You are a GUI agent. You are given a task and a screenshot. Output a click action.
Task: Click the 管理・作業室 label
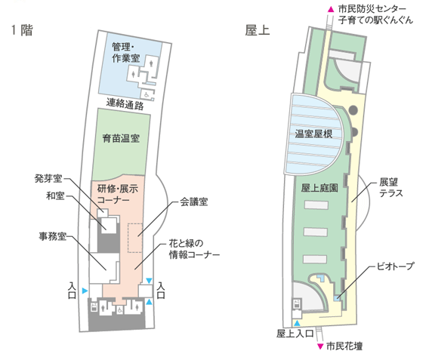pos(126,52)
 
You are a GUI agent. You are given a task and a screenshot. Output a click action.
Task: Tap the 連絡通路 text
pos(125,104)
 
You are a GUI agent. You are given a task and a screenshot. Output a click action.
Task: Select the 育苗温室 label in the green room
pos(121,138)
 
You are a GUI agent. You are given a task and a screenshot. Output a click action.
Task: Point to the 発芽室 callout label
pos(48,179)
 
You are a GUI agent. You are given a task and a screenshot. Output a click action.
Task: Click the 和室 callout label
pos(55,195)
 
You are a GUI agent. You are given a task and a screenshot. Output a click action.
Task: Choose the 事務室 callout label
pos(53,236)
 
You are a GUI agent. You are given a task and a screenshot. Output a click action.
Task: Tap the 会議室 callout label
pos(193,202)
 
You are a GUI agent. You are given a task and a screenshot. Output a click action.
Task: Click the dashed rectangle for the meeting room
pos(135,238)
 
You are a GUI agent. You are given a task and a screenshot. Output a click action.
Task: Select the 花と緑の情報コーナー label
pos(194,249)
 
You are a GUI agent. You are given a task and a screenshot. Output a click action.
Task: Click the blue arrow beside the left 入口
pos(85,291)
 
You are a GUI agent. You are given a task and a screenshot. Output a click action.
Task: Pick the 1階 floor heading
pos(22,30)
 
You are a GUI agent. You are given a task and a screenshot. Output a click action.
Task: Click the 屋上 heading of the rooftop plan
pos(258,30)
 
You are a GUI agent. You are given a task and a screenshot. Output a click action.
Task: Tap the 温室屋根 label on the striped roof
pos(313,134)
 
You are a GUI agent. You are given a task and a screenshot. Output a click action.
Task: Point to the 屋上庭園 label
pos(319,188)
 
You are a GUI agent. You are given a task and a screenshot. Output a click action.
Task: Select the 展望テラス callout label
pos(391,188)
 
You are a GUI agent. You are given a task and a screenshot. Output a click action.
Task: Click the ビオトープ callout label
pos(395,266)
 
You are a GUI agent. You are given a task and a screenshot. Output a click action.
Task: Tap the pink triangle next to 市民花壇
pos(320,346)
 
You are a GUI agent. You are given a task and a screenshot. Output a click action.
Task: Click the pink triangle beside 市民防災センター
pos(331,9)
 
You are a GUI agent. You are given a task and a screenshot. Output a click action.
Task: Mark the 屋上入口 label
pos(295,334)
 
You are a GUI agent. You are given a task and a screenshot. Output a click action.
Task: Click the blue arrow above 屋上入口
pos(297,323)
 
